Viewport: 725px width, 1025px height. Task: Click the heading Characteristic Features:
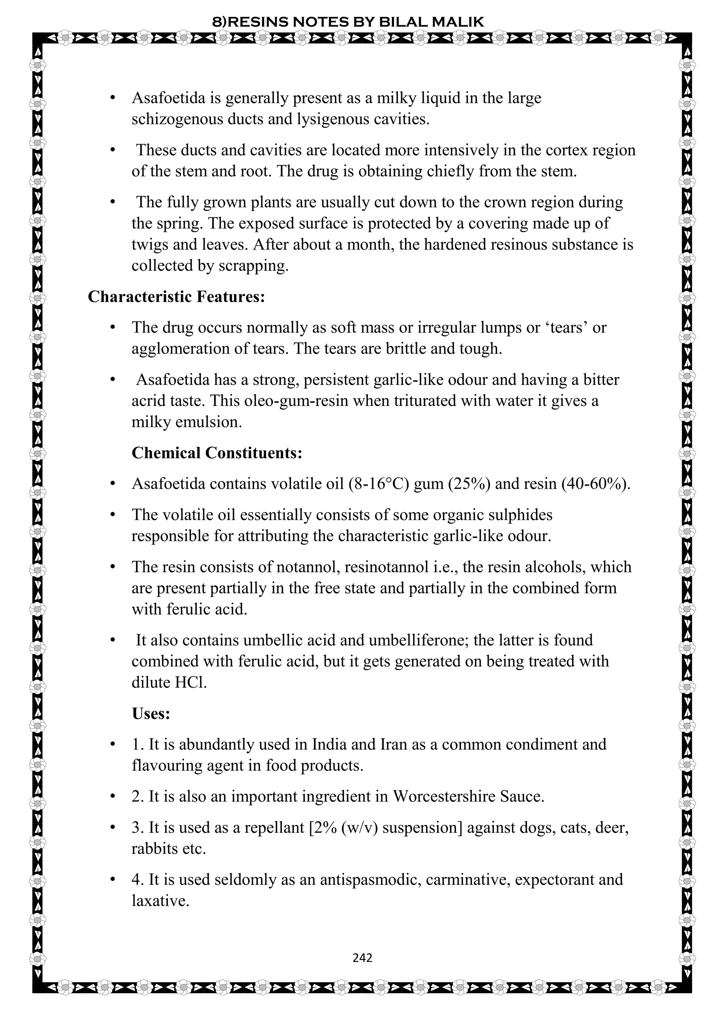pyautogui.click(x=176, y=297)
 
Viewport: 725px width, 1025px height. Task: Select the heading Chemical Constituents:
pyautogui.click(x=217, y=453)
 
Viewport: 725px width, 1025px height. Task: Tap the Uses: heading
pyautogui.click(x=151, y=714)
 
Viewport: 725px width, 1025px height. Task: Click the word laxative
pyautogui.click(x=160, y=900)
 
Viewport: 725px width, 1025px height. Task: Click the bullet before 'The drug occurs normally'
pyautogui.click(x=113, y=328)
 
